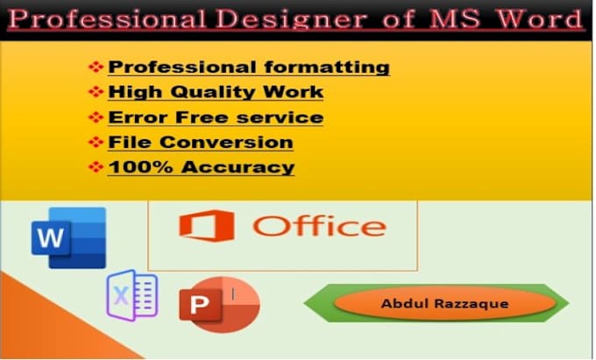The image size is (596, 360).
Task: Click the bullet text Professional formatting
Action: (x=249, y=67)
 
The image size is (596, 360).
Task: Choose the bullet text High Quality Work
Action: (x=216, y=91)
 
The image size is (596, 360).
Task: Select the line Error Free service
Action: (x=216, y=116)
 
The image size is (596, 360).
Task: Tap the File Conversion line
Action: (x=200, y=142)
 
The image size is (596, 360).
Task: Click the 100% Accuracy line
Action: (x=201, y=167)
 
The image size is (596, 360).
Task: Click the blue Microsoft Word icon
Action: (x=67, y=236)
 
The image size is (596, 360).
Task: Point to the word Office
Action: (x=317, y=225)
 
